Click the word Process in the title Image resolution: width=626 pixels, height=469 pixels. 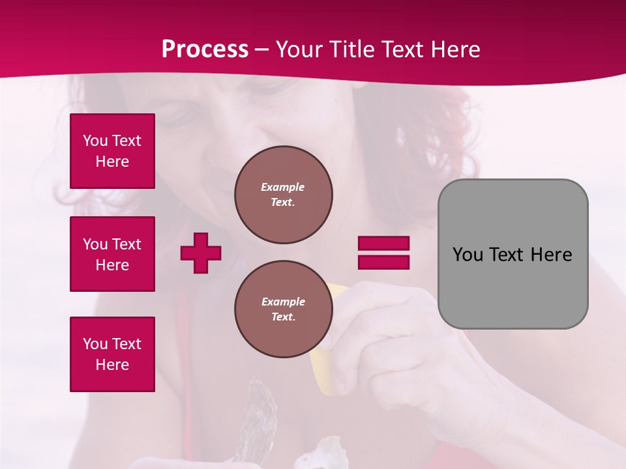205,50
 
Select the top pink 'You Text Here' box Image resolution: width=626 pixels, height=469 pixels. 112,151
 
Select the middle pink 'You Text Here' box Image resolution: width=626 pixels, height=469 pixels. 112,254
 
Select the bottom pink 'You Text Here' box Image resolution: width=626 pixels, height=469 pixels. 112,354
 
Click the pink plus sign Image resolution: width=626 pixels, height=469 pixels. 201,253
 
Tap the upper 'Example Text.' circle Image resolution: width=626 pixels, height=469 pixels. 283,195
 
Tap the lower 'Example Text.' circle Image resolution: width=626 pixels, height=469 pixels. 283,309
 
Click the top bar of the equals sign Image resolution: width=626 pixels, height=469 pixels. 383,243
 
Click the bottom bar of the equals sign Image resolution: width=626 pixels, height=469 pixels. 383,262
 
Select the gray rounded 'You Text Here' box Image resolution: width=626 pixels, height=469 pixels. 513,254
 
